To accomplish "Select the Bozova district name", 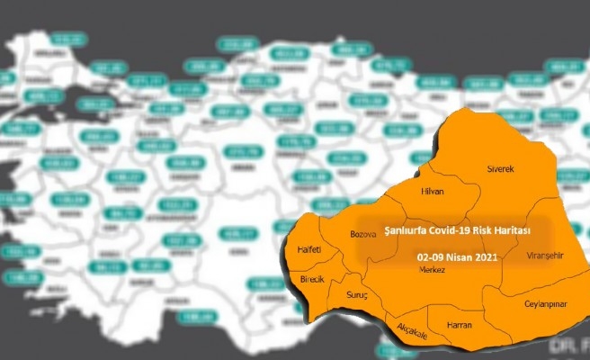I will point(362,235).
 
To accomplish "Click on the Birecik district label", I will point(312,280).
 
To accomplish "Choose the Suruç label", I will point(357,295).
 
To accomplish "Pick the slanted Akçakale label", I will point(412,332).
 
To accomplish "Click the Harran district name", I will point(458,324).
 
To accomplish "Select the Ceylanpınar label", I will point(545,304).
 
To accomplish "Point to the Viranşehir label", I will point(544,256).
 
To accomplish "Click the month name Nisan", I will point(468,256).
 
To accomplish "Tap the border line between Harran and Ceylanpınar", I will point(486,310).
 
